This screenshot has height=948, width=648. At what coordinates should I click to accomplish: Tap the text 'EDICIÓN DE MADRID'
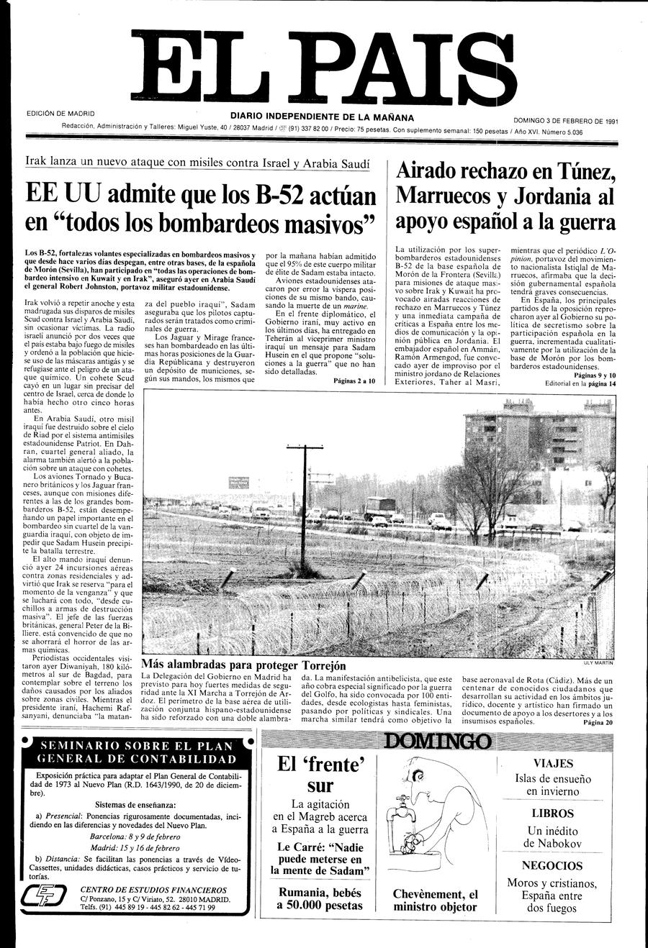pyautogui.click(x=60, y=114)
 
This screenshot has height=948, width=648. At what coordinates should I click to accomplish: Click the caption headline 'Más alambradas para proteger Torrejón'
pyautogui.click(x=243, y=665)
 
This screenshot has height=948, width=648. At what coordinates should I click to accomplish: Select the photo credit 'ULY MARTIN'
pyautogui.click(x=598, y=663)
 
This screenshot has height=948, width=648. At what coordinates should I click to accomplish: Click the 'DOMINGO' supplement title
pyautogui.click(x=437, y=742)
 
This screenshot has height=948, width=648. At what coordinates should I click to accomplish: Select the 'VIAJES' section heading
pyautogui.click(x=553, y=763)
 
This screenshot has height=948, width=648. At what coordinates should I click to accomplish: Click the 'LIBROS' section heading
pyautogui.click(x=553, y=813)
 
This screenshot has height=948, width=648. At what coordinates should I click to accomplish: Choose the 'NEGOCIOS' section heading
pyautogui.click(x=552, y=865)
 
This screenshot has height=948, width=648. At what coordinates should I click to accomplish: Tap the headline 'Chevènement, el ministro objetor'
pyautogui.click(x=435, y=901)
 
